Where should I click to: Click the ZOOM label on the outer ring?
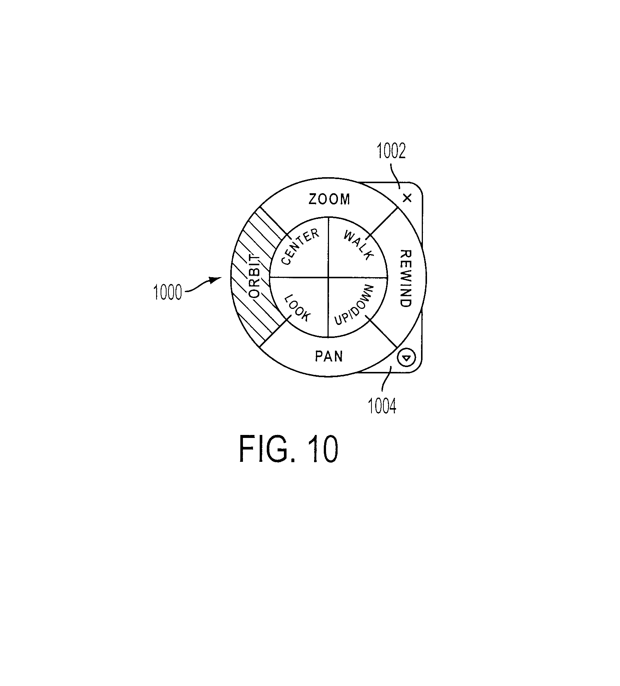coord(330,199)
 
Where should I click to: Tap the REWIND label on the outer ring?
coord(405,279)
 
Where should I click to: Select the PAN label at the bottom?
coord(329,356)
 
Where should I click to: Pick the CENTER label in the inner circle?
coord(300,247)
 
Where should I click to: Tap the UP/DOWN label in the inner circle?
coord(354,305)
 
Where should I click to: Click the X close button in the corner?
coord(407,198)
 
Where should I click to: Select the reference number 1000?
coord(167,292)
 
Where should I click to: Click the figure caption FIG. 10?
coord(288,449)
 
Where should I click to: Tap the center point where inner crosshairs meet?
coord(328,277)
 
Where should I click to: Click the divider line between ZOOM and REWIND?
coord(382,223)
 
